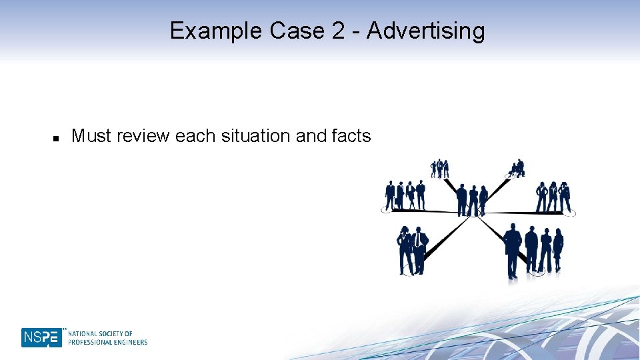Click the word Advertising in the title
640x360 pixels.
coord(426,31)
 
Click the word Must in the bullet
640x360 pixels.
coord(91,136)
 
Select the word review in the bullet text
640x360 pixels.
coord(143,136)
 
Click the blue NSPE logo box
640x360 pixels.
coord(41,337)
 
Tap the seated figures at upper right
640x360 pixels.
coord(517,168)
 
